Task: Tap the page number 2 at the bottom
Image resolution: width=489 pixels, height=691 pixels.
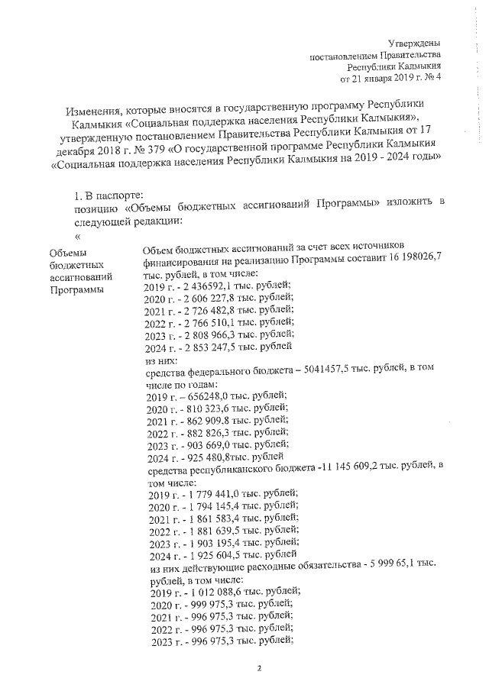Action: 258,670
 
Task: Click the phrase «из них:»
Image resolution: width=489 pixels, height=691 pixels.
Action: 160,360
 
